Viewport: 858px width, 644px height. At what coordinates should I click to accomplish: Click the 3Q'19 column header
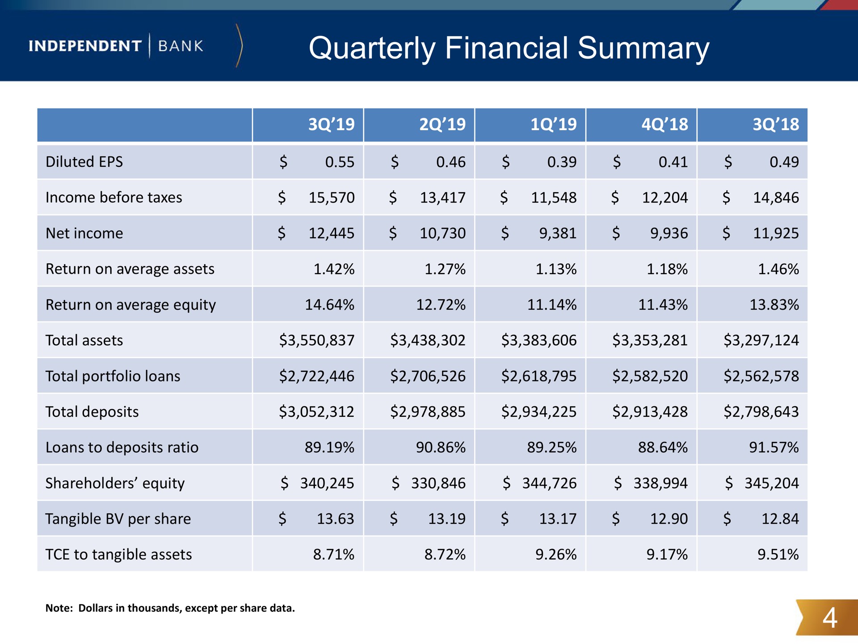(331, 124)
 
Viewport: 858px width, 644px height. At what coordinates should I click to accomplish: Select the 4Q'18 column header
(665, 124)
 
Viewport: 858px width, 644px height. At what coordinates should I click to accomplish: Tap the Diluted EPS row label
(84, 161)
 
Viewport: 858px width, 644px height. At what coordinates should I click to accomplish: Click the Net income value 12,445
(332, 233)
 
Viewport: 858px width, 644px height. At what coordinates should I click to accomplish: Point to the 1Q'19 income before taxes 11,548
(554, 197)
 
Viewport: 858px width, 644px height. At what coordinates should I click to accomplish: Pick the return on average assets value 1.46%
(778, 269)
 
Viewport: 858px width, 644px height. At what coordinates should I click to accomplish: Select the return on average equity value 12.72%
(441, 305)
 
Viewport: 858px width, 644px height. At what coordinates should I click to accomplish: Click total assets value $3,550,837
(317, 340)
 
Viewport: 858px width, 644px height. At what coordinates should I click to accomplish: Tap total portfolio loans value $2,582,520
(650, 376)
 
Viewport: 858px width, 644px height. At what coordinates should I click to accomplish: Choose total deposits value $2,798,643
(761, 411)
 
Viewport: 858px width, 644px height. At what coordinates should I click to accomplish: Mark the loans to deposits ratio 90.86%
(441, 447)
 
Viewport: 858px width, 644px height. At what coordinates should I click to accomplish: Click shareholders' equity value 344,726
(550, 483)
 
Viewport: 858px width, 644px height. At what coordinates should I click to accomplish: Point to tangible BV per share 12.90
(669, 519)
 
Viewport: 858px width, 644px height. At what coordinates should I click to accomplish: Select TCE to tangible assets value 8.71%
(333, 555)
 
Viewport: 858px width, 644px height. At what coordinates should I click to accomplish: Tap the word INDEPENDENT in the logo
(85, 46)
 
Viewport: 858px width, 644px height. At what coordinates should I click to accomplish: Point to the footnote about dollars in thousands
(170, 608)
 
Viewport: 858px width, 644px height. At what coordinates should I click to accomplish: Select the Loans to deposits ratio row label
(122, 447)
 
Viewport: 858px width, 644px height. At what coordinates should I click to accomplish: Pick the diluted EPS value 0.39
(562, 161)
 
